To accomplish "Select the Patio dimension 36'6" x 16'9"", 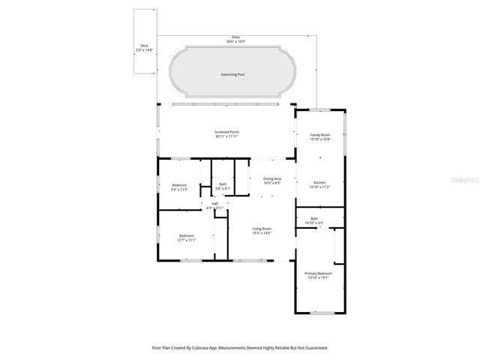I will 235,41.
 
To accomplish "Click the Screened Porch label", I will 226,132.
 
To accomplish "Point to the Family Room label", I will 320,135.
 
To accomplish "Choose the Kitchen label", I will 320,182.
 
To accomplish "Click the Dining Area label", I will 272,178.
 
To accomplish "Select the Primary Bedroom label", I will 317,274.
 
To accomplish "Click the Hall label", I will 214,203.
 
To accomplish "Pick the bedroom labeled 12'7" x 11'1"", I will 185,240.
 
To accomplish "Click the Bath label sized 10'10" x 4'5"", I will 314,223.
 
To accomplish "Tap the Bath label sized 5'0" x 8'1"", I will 223,188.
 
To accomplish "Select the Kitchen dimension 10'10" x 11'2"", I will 320,187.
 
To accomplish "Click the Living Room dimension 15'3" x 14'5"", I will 261,233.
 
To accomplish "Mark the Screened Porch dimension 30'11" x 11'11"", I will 226,136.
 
